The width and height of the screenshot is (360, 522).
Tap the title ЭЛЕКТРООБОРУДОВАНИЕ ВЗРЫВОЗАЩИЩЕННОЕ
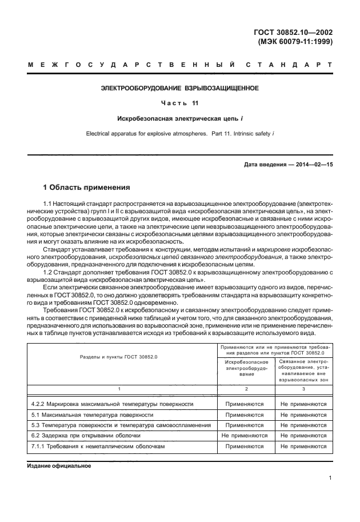tap(179, 89)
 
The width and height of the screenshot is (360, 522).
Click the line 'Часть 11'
tap(179, 103)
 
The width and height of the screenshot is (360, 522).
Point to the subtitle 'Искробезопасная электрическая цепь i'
tap(179, 119)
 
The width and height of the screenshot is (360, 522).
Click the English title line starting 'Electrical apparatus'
tap(179, 134)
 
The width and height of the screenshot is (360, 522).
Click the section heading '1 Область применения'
tap(87, 187)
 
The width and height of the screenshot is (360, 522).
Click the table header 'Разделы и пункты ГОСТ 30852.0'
tap(119, 356)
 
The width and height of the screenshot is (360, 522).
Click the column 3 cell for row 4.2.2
tap(303, 404)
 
